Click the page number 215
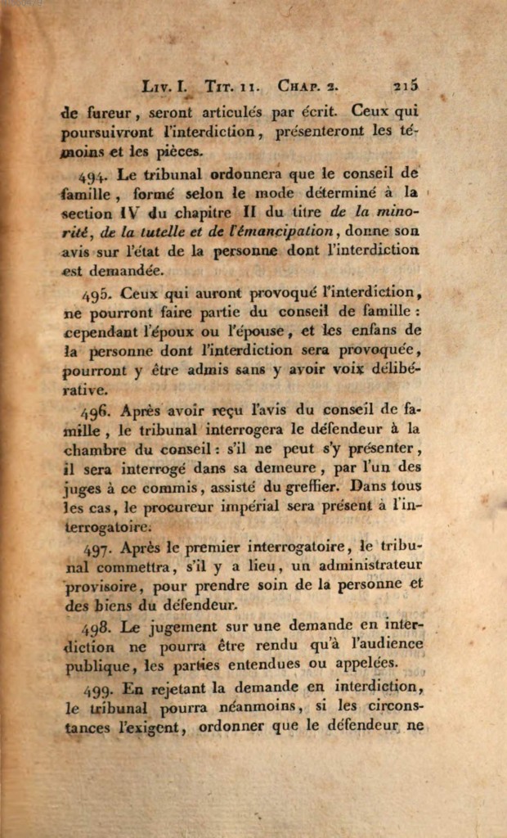coord(406,84)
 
